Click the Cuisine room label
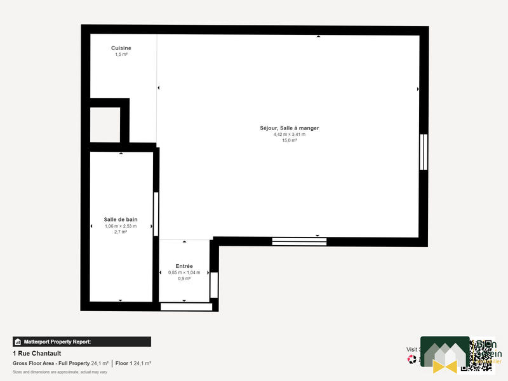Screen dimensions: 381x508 (121, 48)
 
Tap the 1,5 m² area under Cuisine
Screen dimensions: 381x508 (121, 55)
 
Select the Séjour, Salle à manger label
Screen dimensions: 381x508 (290, 128)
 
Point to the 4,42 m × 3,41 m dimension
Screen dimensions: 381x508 (290, 134)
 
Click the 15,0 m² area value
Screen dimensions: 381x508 (290, 140)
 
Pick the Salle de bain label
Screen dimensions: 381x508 (121, 219)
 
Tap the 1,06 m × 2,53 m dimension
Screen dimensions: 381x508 (121, 225)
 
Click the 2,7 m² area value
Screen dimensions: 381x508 (121, 232)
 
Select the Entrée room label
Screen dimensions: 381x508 (184, 266)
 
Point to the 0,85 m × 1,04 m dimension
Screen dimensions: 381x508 (184, 272)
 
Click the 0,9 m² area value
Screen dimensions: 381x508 (184, 278)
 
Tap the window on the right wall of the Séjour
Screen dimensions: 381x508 (424, 152)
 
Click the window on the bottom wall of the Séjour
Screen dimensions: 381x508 (299, 241)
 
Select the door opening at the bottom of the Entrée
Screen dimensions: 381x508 (186, 307)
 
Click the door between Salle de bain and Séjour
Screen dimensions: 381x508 (156, 213)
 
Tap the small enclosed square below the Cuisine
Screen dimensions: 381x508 (105, 125)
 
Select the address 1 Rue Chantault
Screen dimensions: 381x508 (37, 353)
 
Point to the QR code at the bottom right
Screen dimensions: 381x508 (480, 354)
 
